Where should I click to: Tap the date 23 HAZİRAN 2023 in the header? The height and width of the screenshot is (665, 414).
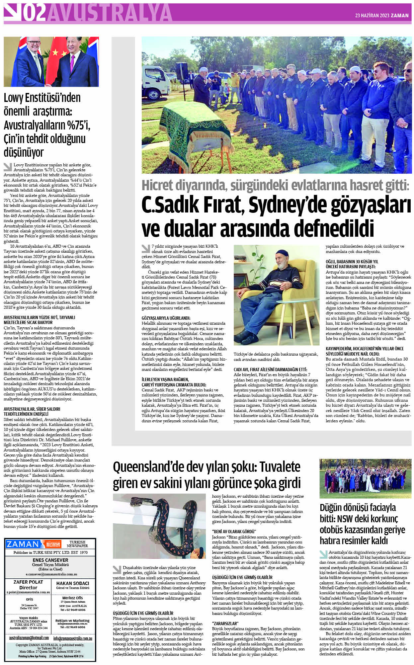coord(372,16)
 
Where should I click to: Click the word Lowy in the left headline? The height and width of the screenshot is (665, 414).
coord(14,98)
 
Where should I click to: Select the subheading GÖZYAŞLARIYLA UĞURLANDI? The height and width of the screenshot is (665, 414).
coord(166,318)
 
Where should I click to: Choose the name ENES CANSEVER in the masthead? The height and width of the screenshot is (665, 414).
coord(50,560)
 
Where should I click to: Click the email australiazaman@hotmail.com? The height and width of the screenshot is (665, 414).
coord(29,638)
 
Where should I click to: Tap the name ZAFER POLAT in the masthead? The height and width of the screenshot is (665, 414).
coord(28,582)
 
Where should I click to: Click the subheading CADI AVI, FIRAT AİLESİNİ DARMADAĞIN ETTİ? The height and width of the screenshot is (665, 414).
coord(270,370)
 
